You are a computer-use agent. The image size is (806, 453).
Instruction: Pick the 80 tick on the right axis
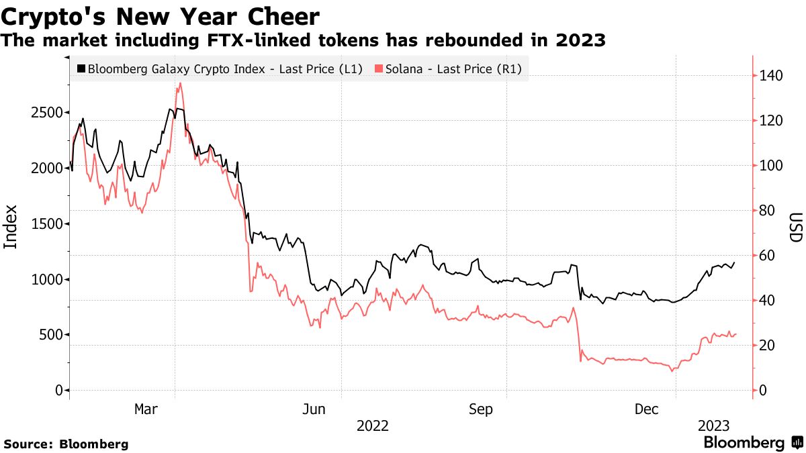coord(767,211)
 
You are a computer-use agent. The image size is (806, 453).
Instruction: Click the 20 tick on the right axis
coord(767,346)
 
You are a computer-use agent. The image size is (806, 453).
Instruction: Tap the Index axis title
coord(11,227)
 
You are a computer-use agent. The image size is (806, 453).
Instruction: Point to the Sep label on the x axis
coord(481,409)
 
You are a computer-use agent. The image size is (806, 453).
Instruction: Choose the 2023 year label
coord(713,425)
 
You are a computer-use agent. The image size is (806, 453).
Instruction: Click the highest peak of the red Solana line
coord(180,84)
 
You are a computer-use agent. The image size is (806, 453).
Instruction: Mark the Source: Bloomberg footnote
coord(66,444)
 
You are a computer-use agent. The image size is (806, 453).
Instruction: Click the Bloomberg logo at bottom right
coord(752,442)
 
